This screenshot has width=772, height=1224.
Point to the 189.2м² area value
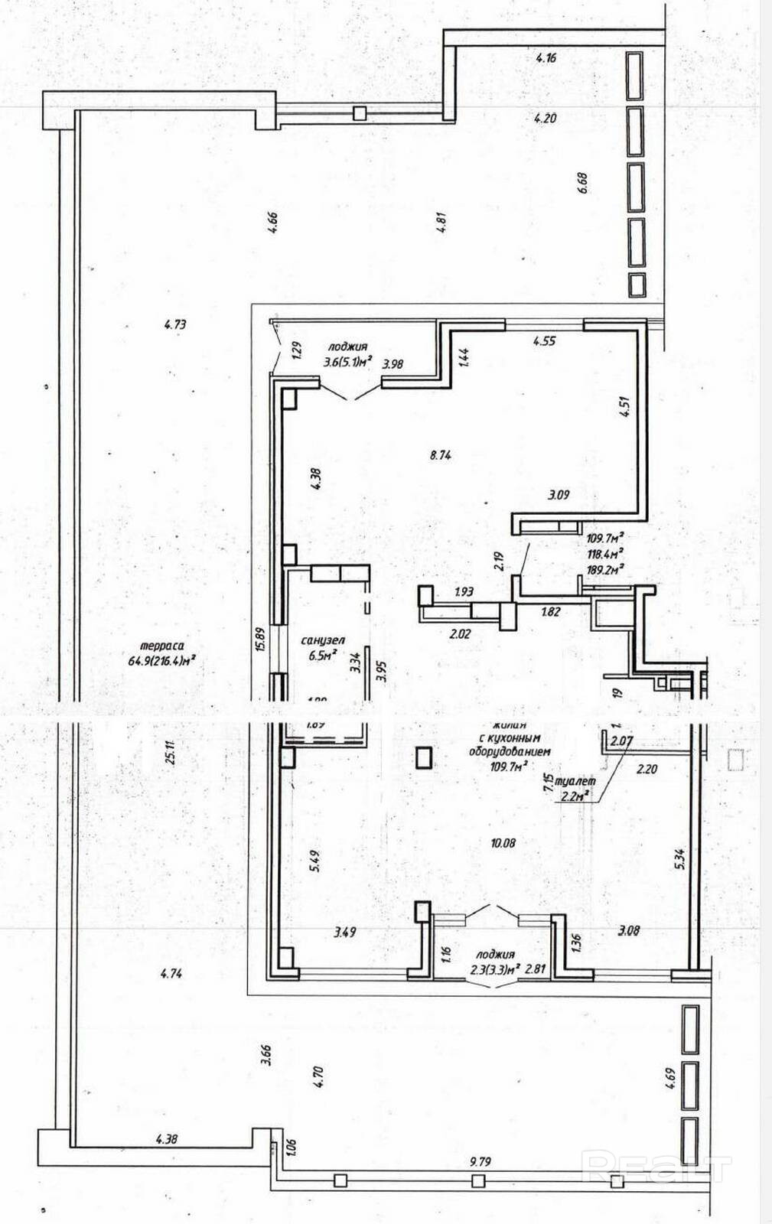[x=604, y=568]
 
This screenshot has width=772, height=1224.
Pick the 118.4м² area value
[x=604, y=552]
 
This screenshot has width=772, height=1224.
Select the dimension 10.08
[x=503, y=843]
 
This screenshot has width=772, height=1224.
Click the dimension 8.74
[x=441, y=454]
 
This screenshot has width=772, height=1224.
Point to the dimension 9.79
[x=480, y=1161]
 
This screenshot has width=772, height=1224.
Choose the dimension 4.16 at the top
[x=546, y=57]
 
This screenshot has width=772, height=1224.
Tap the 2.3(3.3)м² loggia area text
[x=493, y=968]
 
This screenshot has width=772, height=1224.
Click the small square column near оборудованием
[x=424, y=757]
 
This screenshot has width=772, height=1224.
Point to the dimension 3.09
[x=559, y=495]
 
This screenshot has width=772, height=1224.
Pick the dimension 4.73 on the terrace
[x=175, y=324]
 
